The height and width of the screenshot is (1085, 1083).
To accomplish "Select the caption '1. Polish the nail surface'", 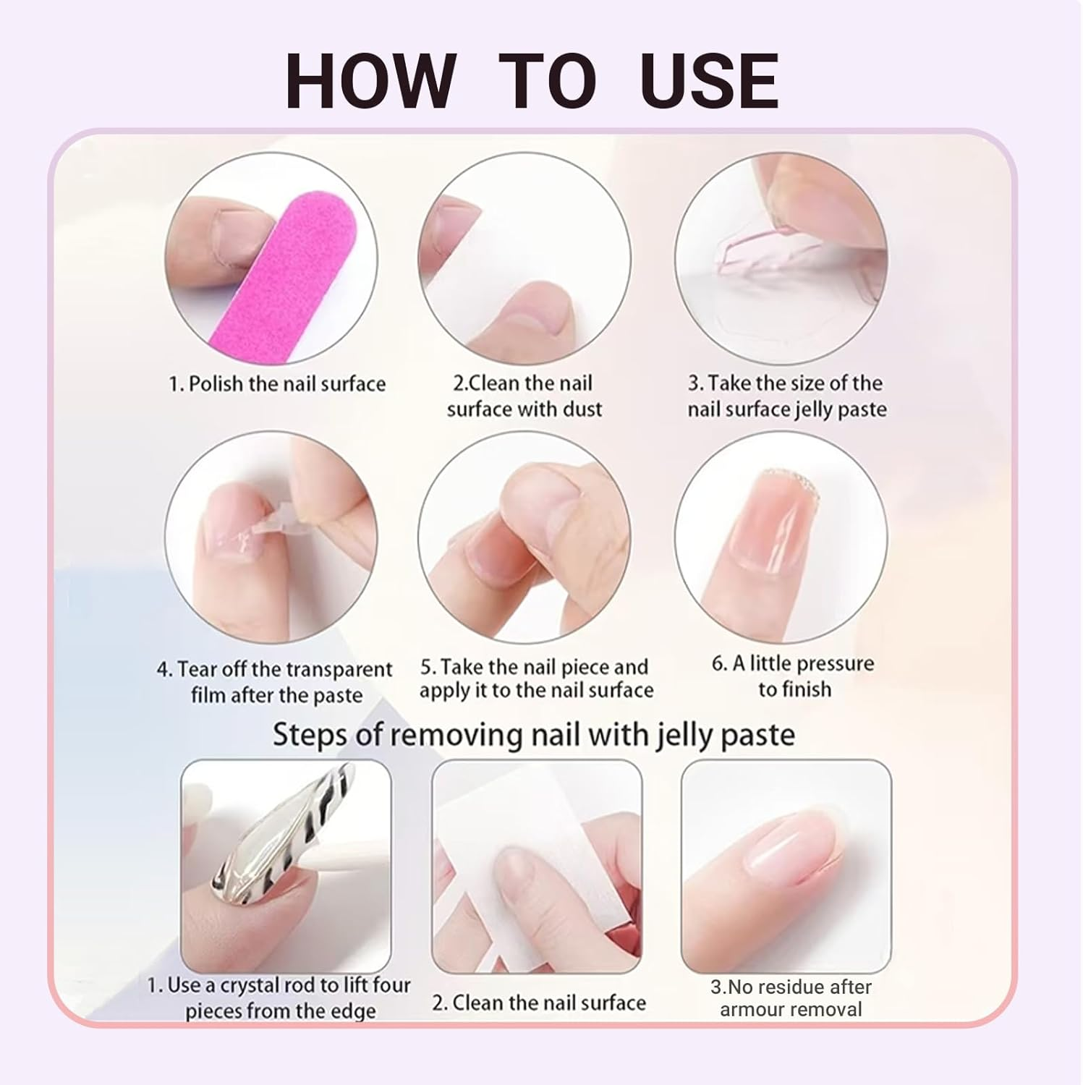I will (x=277, y=383).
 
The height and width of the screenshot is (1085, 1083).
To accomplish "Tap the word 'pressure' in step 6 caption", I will (x=836, y=663).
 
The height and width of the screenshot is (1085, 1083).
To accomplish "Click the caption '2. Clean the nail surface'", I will (x=539, y=1003).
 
